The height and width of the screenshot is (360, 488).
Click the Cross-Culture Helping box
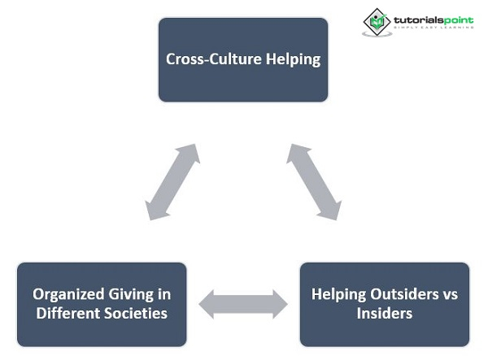[242, 59]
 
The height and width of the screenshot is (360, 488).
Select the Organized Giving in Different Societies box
[102, 303]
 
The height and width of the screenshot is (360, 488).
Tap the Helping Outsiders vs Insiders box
[384, 303]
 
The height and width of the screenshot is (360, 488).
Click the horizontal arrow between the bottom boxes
[243, 304]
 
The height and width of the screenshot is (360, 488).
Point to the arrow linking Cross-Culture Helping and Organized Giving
[172, 182]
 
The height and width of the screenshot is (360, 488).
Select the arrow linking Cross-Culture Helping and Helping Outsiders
[313, 182]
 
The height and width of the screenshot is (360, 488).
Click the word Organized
[67, 293]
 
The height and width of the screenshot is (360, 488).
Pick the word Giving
[129, 293]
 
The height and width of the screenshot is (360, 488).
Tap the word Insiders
[384, 313]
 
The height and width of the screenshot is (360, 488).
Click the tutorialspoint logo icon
[377, 22]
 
